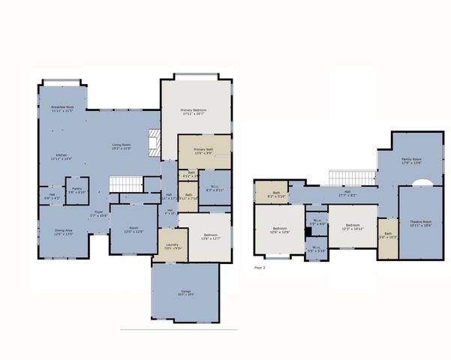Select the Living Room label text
122,146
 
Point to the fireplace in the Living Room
155,142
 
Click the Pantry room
77,191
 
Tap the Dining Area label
63,232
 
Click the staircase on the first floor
125,184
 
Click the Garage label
185,293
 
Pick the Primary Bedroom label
194,112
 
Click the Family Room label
410,161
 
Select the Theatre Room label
421,223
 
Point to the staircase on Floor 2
351,176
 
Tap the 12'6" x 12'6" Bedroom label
279,229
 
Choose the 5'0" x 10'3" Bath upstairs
387,235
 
